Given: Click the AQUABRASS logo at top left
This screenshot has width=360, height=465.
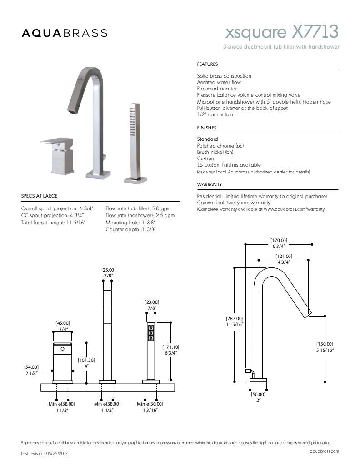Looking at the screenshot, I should tap(65, 33).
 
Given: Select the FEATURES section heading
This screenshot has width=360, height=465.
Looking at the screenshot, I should tap(207, 64).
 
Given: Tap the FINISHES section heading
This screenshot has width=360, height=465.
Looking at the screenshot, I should tap(207, 128).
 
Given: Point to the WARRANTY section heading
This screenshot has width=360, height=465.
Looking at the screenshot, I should tap(209, 184).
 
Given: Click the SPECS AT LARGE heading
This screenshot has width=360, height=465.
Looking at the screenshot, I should tap(40, 196).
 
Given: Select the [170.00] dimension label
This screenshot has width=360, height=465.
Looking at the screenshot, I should tap(279, 241).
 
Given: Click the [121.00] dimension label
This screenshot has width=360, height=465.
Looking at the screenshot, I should tap(284, 256).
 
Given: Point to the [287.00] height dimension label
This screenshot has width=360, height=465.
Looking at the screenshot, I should tap(235, 319).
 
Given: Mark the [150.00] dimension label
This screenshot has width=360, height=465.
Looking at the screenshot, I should tap(325, 344).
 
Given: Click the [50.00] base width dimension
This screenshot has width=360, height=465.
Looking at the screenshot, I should tap(258, 394).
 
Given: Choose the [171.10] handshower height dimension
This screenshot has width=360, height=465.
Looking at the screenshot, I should tap(170, 347).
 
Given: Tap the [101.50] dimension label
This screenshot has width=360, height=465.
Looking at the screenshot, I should tap(86, 360).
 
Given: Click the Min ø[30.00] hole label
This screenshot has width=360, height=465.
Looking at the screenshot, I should tap(150, 404).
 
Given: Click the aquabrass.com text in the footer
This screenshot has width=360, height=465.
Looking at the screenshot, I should tap(324, 451).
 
